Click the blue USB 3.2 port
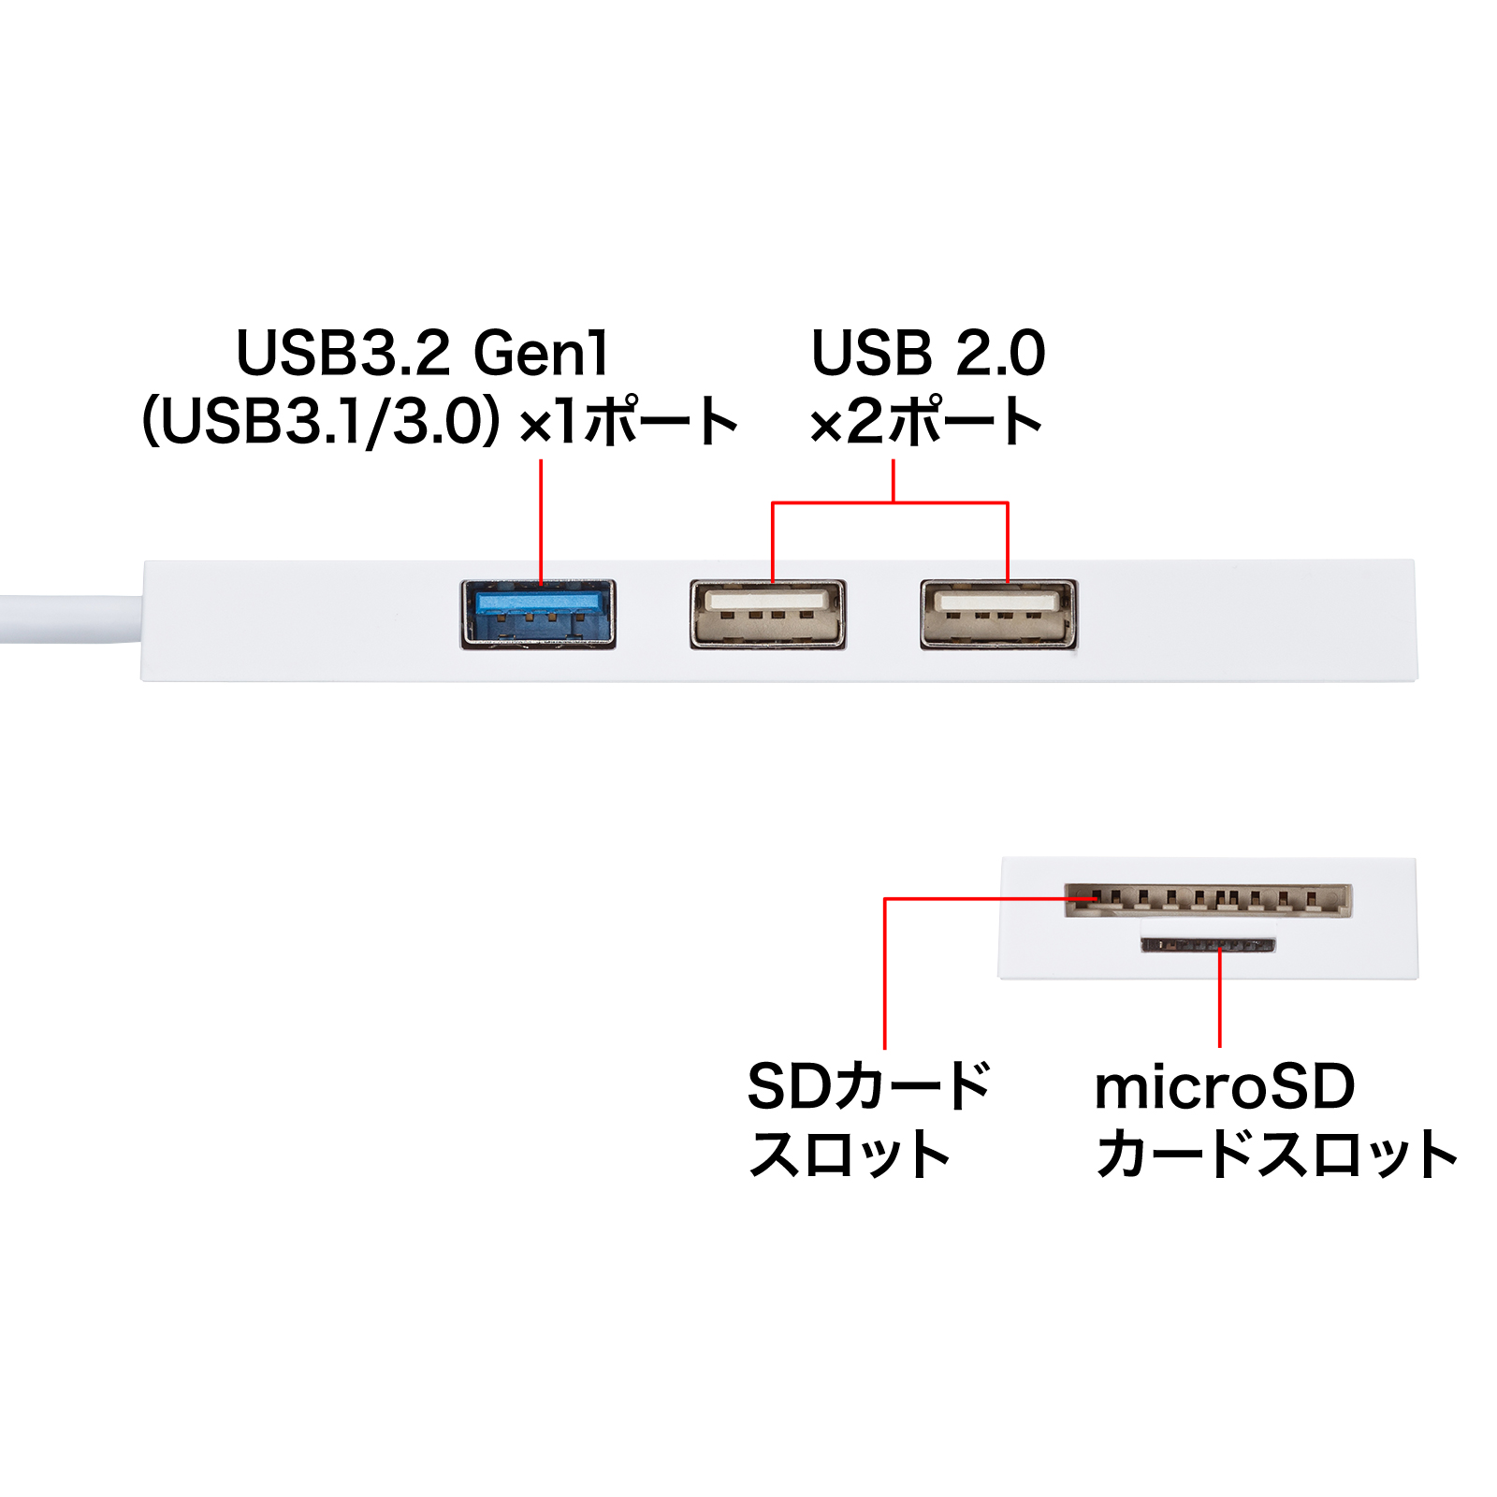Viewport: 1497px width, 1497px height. pos(538,614)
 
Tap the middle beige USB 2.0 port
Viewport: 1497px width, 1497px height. pos(768,614)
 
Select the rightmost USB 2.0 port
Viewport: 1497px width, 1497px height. pos(998,614)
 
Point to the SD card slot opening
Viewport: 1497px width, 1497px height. pos(1208,900)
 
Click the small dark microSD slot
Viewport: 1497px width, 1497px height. pos(1208,945)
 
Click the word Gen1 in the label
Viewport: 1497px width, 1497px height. pos(541,354)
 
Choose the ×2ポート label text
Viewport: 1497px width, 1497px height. pos(926,422)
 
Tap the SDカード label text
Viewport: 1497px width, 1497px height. pos(868,1087)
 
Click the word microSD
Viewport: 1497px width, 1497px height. pos(1225,1087)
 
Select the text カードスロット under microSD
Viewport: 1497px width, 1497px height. pos(1276,1155)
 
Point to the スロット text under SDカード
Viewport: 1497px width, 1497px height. pos(850,1155)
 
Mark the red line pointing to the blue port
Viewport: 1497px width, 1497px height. pos(541,519)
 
